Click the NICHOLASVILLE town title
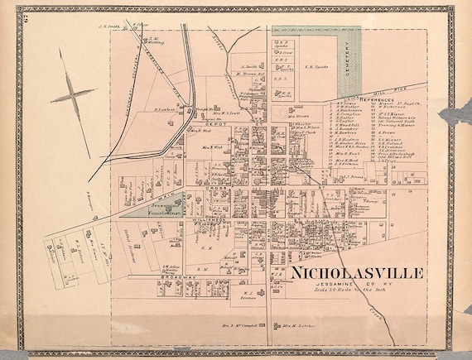tap(356, 272)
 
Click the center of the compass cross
tap(73, 97)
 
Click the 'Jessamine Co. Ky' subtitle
tap(356, 284)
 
